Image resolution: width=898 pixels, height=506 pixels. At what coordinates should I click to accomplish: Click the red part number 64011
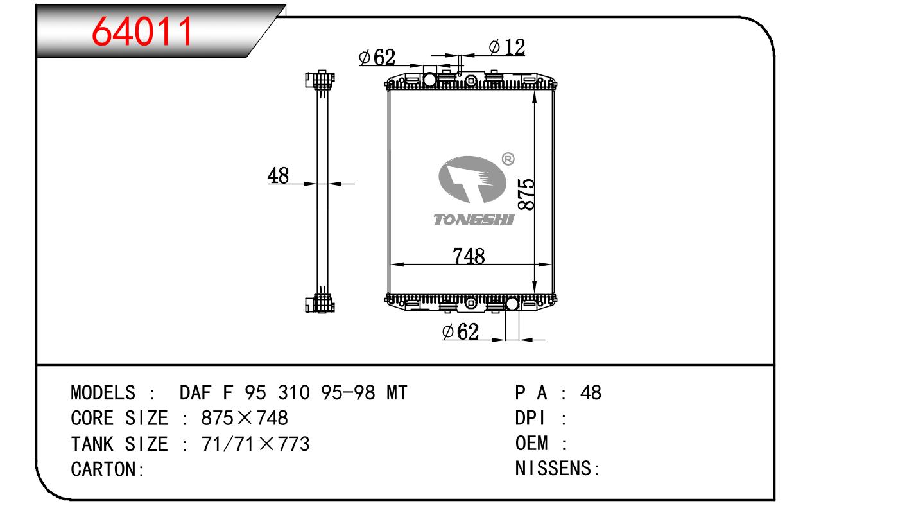(x=142, y=31)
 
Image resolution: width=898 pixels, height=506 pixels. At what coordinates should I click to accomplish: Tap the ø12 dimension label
(x=506, y=47)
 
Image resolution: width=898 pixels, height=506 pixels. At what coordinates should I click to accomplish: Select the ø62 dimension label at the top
(x=377, y=57)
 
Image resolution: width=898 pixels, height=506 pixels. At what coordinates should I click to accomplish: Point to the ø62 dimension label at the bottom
(x=460, y=331)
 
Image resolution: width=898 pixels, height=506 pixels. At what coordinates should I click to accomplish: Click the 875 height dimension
(x=526, y=195)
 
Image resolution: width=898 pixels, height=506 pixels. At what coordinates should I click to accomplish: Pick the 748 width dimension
(x=469, y=256)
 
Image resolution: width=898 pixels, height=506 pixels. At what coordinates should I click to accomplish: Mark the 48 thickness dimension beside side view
(x=278, y=175)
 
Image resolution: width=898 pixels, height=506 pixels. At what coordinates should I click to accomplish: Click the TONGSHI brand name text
(x=474, y=220)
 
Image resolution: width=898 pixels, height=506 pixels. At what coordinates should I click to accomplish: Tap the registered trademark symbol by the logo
(x=508, y=159)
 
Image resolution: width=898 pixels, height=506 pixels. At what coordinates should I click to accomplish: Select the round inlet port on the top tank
(x=429, y=80)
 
